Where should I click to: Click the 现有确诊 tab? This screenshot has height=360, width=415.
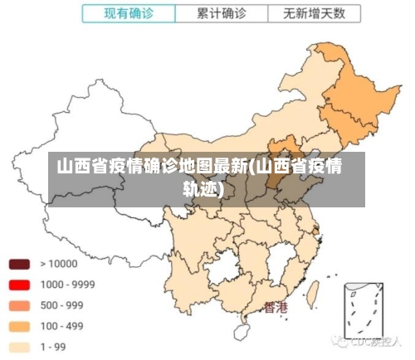[129, 14]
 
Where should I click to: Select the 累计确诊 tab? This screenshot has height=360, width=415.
[222, 14]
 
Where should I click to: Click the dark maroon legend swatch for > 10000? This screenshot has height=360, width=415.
[19, 265]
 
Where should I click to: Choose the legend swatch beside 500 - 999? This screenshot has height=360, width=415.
[19, 305]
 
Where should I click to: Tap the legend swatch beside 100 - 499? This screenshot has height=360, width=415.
[19, 326]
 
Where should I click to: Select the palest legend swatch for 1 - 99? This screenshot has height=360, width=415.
[19, 347]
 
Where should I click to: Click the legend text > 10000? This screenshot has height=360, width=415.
[58, 264]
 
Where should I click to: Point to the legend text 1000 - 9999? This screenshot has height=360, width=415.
[67, 285]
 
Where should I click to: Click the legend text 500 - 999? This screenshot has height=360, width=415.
[61, 305]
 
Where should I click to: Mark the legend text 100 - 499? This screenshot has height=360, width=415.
[61, 326]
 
